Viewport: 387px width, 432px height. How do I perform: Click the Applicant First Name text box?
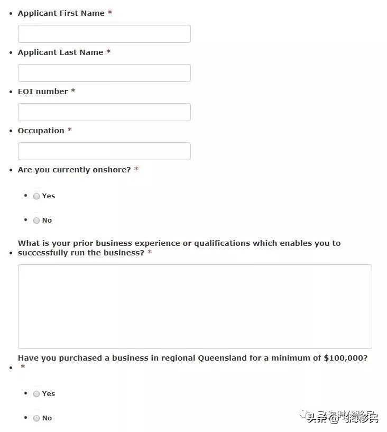click(x=104, y=34)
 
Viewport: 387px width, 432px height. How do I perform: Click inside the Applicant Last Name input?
click(x=104, y=73)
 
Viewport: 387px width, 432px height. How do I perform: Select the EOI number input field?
click(x=104, y=112)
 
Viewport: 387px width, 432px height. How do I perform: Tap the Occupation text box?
click(x=104, y=151)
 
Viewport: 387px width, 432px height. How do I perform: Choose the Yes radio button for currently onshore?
click(x=36, y=196)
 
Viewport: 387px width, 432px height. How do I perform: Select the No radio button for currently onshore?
click(x=36, y=220)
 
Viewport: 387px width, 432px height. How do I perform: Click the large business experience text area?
click(x=195, y=307)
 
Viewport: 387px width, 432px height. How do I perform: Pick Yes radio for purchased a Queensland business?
click(x=36, y=394)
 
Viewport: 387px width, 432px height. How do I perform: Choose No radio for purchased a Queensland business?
click(x=36, y=418)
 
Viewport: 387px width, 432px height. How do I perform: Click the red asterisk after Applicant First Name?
click(x=110, y=13)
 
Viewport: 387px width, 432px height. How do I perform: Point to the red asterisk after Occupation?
click(x=70, y=131)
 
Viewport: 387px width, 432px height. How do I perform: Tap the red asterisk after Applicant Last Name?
click(x=108, y=52)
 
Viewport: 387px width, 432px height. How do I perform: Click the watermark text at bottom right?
click(x=343, y=418)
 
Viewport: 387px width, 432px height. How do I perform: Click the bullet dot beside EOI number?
click(x=12, y=92)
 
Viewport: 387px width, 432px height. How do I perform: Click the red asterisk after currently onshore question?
click(x=136, y=170)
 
